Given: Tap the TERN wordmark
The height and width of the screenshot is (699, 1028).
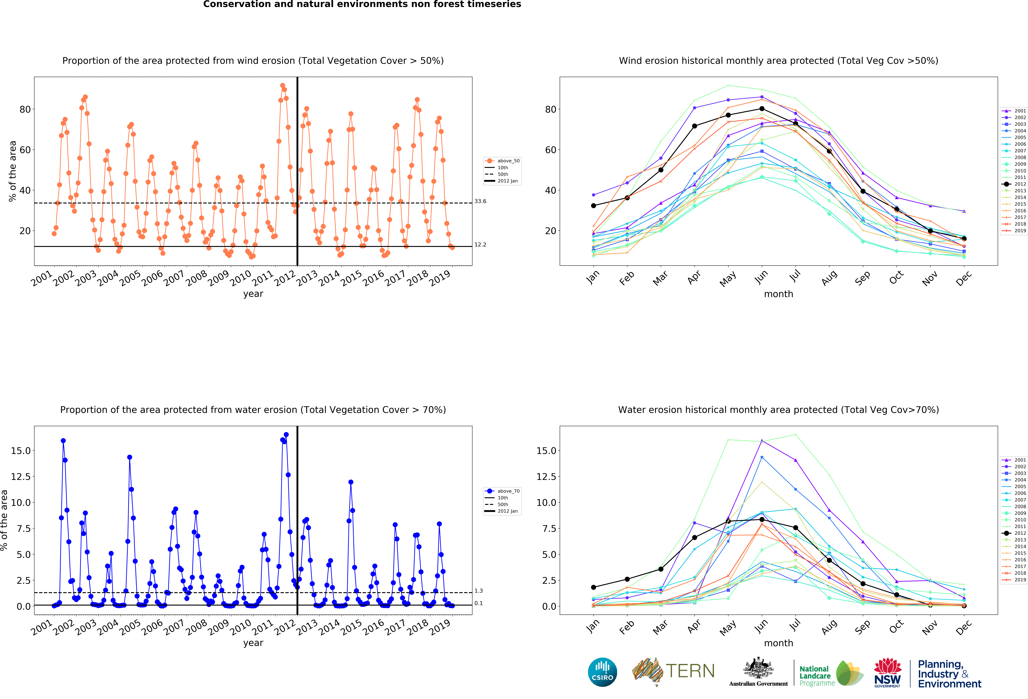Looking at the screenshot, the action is click(x=690, y=671).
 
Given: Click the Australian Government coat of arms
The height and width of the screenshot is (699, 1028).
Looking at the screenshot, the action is click(x=758, y=668).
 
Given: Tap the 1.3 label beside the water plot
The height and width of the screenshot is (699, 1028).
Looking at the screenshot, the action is click(x=479, y=591).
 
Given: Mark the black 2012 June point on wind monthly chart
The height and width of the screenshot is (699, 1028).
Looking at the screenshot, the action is click(x=762, y=109).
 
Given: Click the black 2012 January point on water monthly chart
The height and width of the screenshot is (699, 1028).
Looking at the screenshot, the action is click(x=594, y=587).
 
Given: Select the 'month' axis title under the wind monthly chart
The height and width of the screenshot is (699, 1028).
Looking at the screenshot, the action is click(x=779, y=294).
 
